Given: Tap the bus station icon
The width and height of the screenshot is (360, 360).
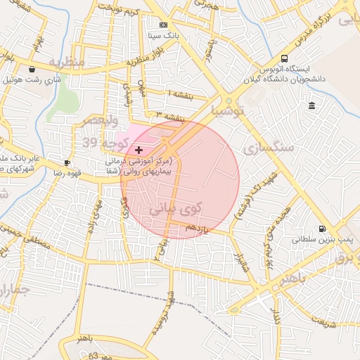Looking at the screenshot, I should click(x=284, y=59).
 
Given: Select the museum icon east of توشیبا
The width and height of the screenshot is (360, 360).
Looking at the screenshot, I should click(x=311, y=105).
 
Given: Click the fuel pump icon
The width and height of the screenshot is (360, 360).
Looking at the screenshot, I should click(x=322, y=229).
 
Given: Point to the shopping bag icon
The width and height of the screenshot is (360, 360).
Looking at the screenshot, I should click(x=33, y=69).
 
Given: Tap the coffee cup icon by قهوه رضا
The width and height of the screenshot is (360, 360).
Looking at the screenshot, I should click(x=67, y=162).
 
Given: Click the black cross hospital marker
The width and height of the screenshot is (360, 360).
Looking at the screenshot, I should click(x=139, y=150).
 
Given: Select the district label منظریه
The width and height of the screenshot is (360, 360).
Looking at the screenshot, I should click(x=66, y=63).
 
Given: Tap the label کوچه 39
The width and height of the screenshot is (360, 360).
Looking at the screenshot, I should click(x=105, y=143).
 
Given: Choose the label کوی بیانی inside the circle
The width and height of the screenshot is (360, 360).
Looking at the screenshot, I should click(x=175, y=209).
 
